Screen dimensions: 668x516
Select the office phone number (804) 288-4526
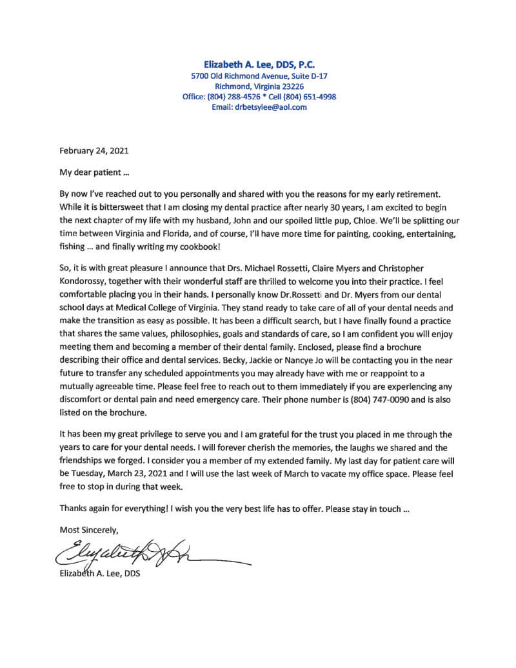point(234,97)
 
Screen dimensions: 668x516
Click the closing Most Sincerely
point(89,530)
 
